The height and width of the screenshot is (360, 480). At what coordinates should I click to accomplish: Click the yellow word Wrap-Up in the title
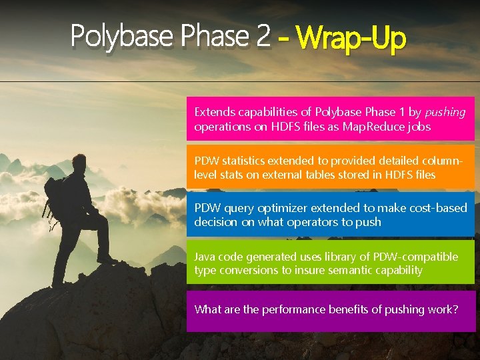[x=352, y=38]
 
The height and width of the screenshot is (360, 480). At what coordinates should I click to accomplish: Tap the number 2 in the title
[x=262, y=37]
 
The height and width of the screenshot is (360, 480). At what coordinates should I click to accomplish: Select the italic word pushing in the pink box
[x=445, y=112]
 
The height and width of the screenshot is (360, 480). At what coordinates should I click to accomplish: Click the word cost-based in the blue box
[x=437, y=208]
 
